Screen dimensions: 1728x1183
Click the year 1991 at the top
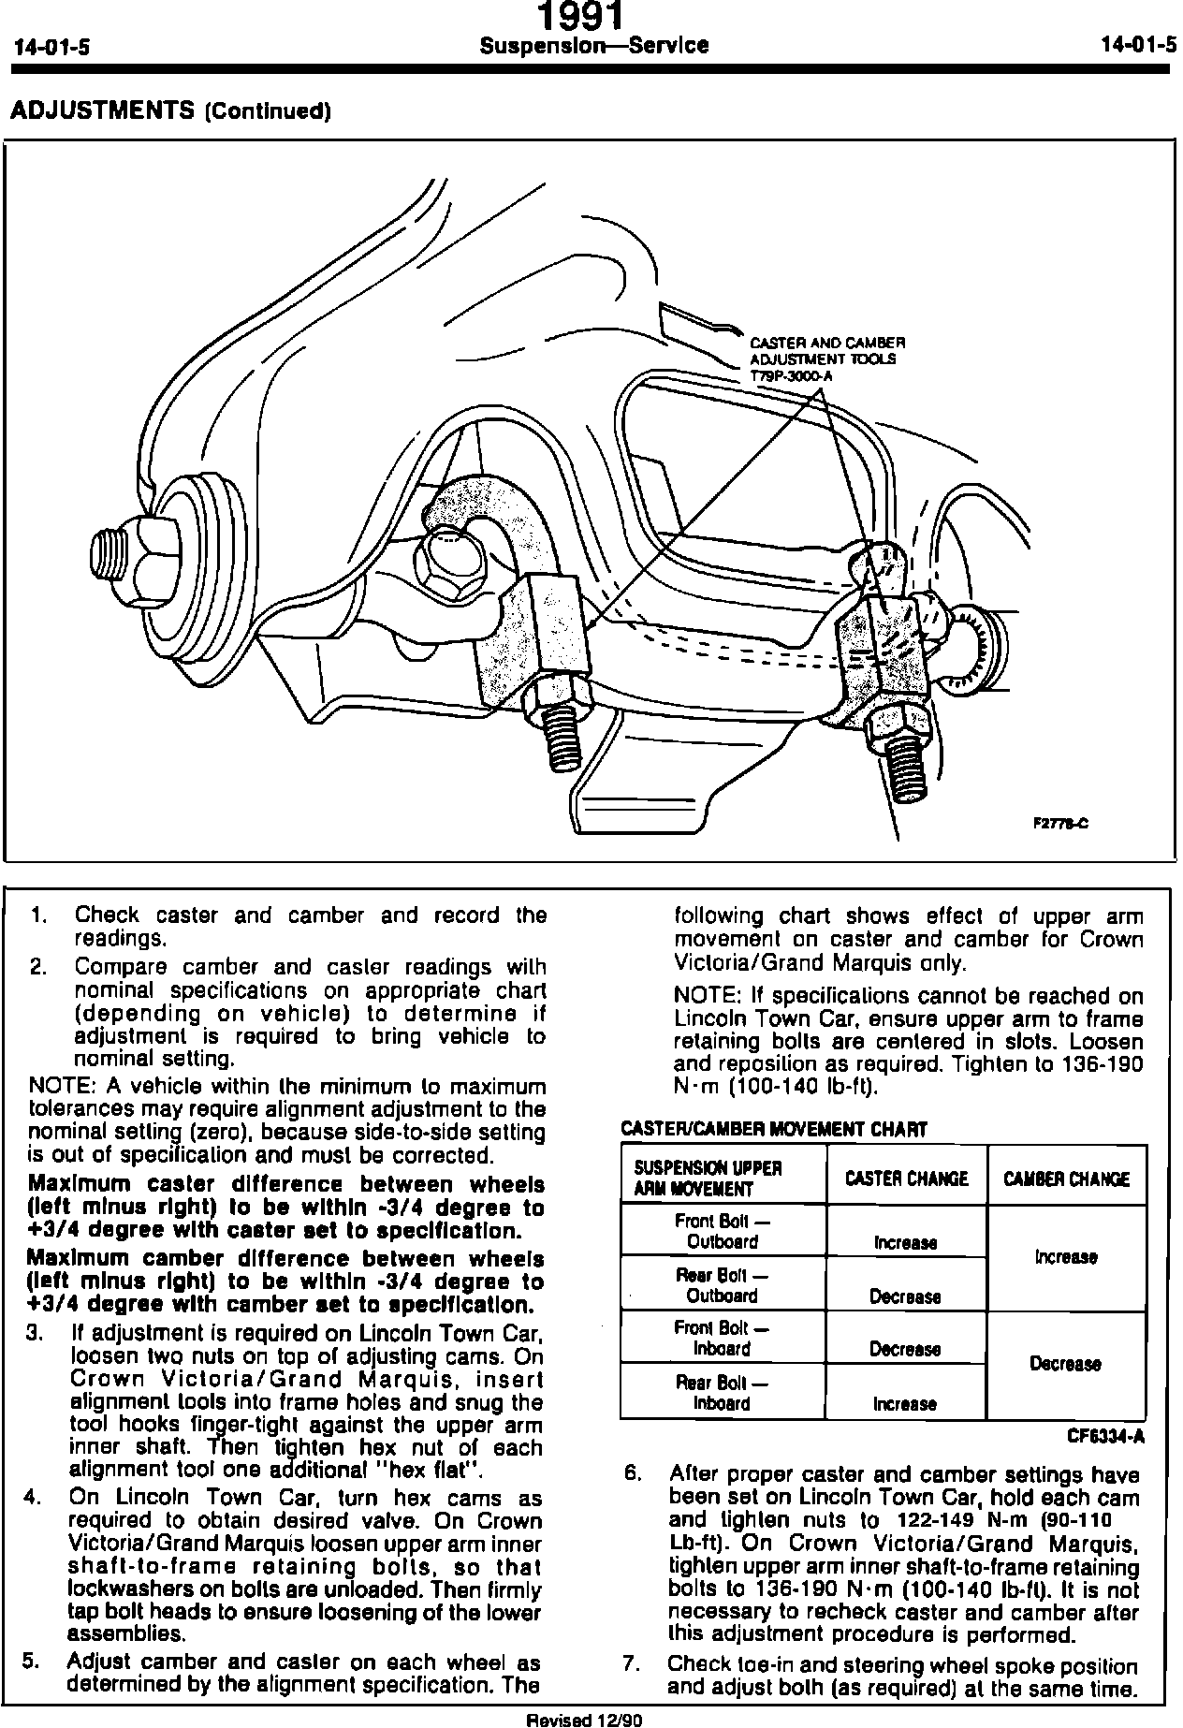click(x=580, y=16)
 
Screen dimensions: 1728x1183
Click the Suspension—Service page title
click(x=593, y=45)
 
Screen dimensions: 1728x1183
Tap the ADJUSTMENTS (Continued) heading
click(x=170, y=111)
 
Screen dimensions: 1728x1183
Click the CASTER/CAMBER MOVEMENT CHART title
click(x=774, y=1130)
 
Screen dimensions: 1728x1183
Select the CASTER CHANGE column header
click(x=906, y=1179)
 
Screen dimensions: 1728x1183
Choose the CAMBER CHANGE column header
click(x=1066, y=1179)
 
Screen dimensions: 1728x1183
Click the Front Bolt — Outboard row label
click(x=721, y=1232)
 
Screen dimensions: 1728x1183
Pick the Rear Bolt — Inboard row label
click(x=721, y=1393)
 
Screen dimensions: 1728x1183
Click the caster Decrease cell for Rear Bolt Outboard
click(x=905, y=1296)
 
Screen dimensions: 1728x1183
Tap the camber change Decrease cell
click(x=1065, y=1364)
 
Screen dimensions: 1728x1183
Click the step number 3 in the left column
click(x=35, y=1332)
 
